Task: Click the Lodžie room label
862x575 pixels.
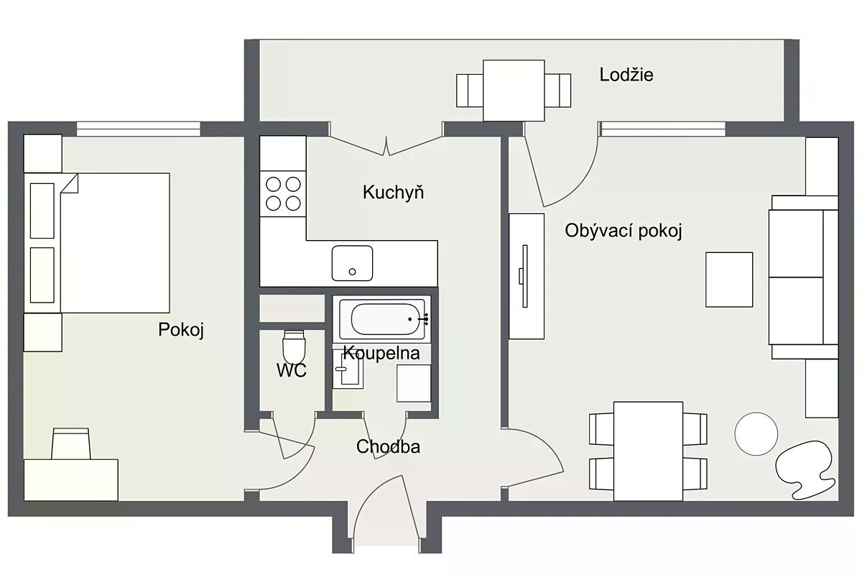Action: click(626, 75)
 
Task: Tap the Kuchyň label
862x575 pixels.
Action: click(394, 192)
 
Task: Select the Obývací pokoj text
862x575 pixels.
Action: click(624, 231)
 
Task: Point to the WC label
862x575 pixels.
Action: click(292, 370)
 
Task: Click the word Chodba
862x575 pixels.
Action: click(388, 447)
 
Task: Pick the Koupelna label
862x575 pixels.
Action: click(381, 353)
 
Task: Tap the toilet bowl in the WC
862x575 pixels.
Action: click(294, 346)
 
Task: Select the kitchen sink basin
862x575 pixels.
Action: click(352, 263)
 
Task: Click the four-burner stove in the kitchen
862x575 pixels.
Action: click(283, 194)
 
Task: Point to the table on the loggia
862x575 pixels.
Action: click(514, 91)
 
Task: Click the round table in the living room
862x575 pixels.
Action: click(756, 434)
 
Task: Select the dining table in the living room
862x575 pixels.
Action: click(648, 451)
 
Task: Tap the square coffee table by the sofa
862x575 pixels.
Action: click(729, 280)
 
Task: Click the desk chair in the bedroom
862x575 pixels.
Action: click(71, 443)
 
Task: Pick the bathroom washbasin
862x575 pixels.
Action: click(348, 369)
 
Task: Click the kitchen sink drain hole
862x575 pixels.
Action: click(352, 272)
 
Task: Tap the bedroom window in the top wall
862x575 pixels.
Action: click(138, 129)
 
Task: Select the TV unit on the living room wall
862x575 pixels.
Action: click(527, 276)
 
